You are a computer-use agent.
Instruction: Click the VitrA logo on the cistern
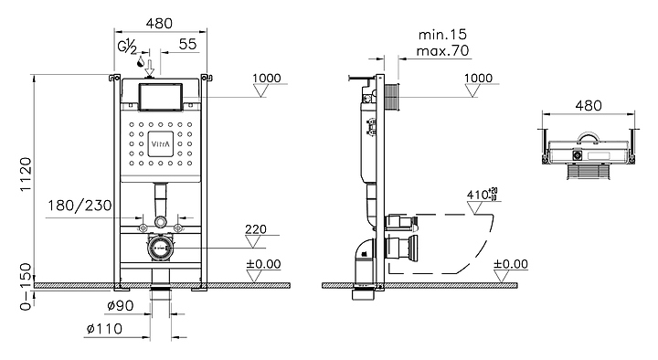click(x=160, y=144)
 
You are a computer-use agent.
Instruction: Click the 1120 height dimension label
click(x=26, y=175)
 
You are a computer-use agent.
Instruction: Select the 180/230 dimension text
click(x=80, y=206)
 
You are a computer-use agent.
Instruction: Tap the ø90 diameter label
click(x=121, y=305)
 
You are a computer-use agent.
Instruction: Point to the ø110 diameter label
click(x=104, y=329)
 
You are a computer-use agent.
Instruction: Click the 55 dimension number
click(x=187, y=44)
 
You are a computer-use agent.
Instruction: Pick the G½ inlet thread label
click(x=127, y=47)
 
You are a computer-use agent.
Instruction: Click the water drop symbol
click(x=141, y=62)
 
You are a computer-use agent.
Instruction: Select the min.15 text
click(x=442, y=34)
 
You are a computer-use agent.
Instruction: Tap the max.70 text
click(x=442, y=51)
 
